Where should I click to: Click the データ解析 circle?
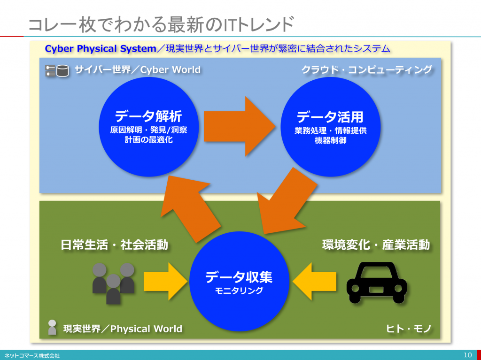(x=149, y=127)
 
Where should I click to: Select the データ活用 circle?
(x=330, y=127)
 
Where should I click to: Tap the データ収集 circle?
(x=239, y=281)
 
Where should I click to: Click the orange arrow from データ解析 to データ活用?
(x=239, y=126)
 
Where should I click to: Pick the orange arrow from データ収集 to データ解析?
(x=190, y=208)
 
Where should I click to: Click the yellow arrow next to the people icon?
(x=165, y=281)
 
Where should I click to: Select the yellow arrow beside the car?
(x=314, y=281)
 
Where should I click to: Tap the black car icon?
(x=377, y=283)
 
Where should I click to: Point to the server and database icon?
(x=57, y=70)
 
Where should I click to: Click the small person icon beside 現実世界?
(x=52, y=327)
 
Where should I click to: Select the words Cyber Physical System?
(x=101, y=49)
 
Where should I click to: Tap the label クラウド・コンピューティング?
(x=366, y=69)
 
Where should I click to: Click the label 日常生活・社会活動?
(x=114, y=245)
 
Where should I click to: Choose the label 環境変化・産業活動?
(x=376, y=245)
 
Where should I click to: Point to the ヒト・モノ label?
(x=409, y=329)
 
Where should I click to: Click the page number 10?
(x=468, y=355)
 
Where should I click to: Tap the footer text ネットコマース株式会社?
(x=32, y=356)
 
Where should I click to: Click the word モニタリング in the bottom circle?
(x=239, y=291)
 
